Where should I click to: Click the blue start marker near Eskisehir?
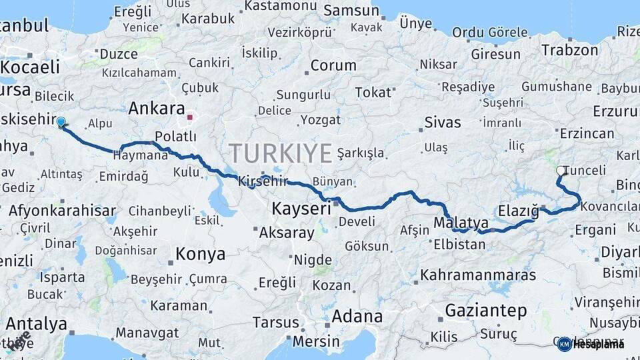pyautogui.click(x=61, y=122)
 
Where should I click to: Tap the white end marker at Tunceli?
pyautogui.click(x=561, y=171)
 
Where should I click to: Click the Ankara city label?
pyautogui.click(x=156, y=108)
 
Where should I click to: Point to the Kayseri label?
pyautogui.click(x=301, y=209)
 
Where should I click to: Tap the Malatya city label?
pyautogui.click(x=461, y=223)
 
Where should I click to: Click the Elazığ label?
pyautogui.click(x=518, y=211)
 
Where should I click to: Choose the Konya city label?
pyautogui.click(x=200, y=254)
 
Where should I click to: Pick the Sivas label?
pyautogui.click(x=443, y=123)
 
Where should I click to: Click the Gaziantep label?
pyautogui.click(x=485, y=311)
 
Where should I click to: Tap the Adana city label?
pyautogui.click(x=357, y=316)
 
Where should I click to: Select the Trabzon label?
pyautogui.click(x=569, y=50)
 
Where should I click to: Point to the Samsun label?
pyautogui.click(x=353, y=11)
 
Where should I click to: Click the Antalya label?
pyautogui.click(x=36, y=325)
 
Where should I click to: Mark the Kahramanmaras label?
pyautogui.click(x=478, y=275)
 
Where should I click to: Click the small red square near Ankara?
pyautogui.click(x=190, y=117)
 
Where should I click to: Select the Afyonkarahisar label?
pyautogui.click(x=63, y=211)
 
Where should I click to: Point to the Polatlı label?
pyautogui.click(x=175, y=137)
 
